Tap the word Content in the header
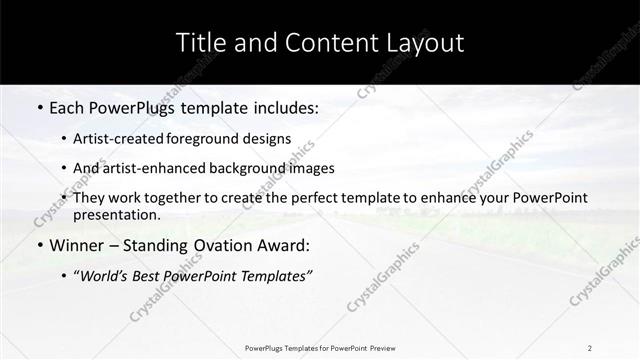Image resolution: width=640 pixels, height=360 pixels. click(314, 43)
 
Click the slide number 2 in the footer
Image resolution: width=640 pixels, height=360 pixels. click(590, 347)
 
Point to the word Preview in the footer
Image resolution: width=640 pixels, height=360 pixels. click(378, 347)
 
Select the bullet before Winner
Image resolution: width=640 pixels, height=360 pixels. click(38, 245)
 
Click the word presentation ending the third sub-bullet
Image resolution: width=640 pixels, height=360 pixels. click(115, 214)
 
